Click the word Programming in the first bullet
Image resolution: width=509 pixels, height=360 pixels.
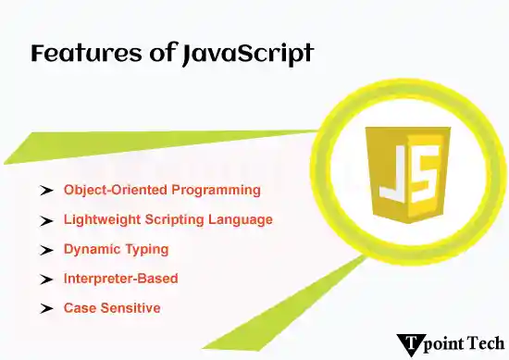[217, 190]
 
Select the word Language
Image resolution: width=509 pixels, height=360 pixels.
[243, 220]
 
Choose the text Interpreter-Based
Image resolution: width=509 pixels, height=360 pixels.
[120, 279]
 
